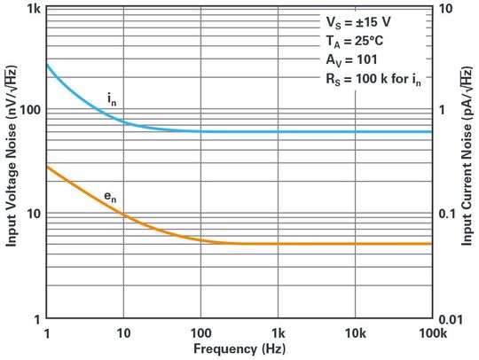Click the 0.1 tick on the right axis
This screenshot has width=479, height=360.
[449, 214]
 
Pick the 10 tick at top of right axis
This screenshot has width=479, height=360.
[446, 8]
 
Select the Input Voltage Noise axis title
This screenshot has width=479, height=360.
[11, 162]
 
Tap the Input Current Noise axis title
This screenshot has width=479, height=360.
[468, 162]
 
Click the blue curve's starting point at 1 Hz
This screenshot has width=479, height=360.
[46, 64]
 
